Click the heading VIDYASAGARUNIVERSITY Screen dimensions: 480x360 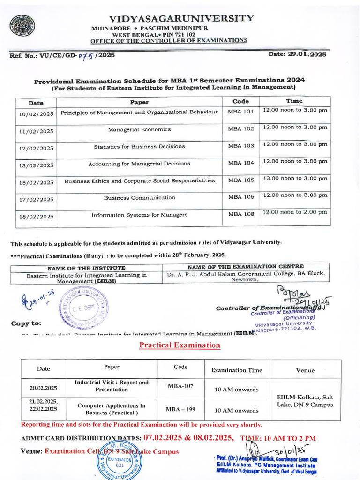point(181,19)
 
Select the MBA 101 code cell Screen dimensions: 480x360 point(240,112)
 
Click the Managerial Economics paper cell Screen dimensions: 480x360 point(139,129)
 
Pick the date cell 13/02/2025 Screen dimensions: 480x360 point(36,165)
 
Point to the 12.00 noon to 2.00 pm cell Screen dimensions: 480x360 point(295,212)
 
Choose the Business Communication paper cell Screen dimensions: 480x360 point(139,198)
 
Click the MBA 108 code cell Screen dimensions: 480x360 point(240,214)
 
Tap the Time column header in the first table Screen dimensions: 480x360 point(294,101)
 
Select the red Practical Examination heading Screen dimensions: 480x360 point(180,345)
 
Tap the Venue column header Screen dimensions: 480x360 point(305,370)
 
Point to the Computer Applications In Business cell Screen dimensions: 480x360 point(111,409)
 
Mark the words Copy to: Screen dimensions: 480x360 point(26,323)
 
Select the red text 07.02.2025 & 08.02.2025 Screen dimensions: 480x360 point(188,438)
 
